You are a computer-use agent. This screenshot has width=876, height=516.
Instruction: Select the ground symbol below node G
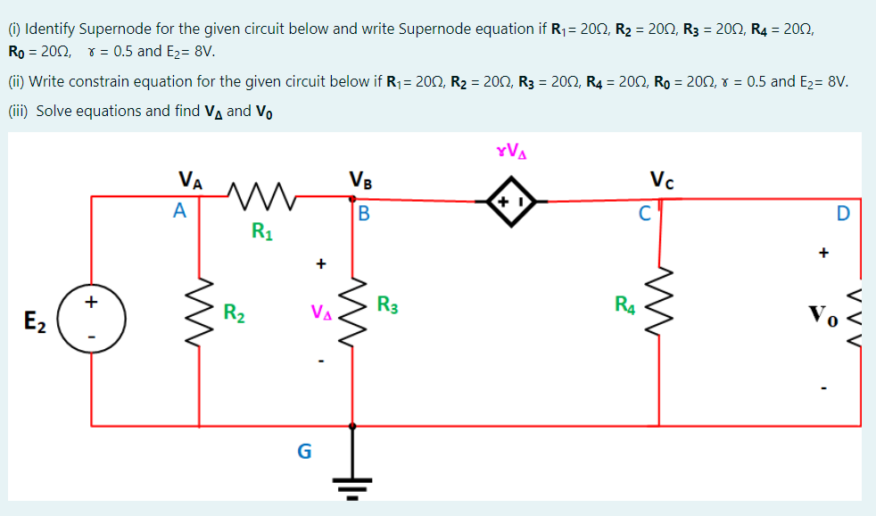(x=351, y=486)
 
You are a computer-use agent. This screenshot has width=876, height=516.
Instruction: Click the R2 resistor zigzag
(x=199, y=312)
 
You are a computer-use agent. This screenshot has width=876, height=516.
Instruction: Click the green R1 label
(x=261, y=234)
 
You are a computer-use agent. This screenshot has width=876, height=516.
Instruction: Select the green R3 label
(x=387, y=304)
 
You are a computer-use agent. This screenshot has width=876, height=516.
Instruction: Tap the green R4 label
(x=625, y=305)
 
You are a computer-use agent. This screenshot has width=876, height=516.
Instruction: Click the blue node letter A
(x=179, y=212)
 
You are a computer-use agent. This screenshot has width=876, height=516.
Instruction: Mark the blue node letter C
(x=645, y=214)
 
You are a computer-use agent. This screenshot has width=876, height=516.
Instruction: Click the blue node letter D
(x=843, y=214)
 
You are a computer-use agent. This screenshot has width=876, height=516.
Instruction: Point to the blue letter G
(x=304, y=452)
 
